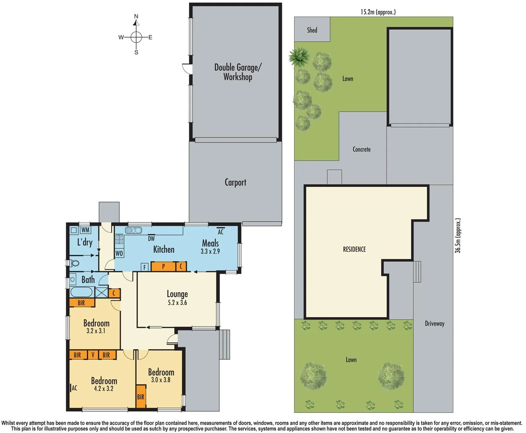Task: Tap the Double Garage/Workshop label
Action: coord(238,72)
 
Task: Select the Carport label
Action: coord(235,182)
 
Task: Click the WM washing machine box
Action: coord(85,230)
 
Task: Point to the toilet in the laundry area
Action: coord(75,263)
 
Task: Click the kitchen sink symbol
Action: coord(133,230)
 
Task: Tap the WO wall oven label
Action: coord(119,253)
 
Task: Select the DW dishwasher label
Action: coord(151,239)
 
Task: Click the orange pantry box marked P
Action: coord(163,266)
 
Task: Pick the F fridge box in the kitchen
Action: coord(145,267)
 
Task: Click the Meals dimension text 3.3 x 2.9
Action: coord(210,251)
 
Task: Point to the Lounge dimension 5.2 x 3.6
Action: coord(177,303)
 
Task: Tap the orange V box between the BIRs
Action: coord(93,355)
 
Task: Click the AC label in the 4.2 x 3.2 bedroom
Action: coord(74,388)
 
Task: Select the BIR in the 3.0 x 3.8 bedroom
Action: coord(141,397)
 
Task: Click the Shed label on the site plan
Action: coord(312,30)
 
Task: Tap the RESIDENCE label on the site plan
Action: coord(354,249)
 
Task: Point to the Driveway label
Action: coord(434,324)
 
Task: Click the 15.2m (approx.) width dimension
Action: coord(378,12)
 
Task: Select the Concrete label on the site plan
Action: coord(361,149)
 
